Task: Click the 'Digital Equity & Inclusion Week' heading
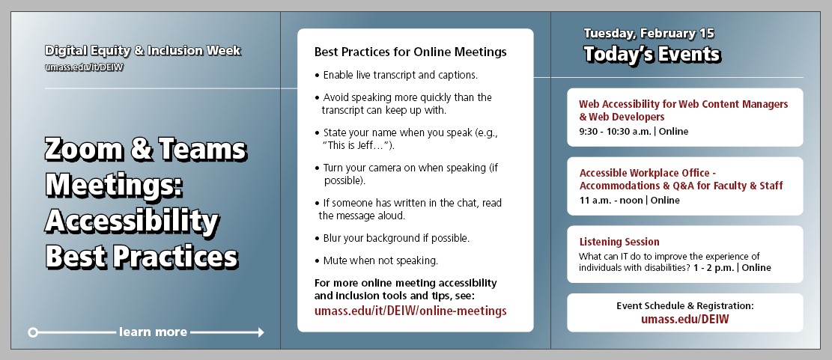point(142,51)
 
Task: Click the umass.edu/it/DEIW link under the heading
point(84,67)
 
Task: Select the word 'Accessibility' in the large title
point(132,221)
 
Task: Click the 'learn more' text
point(153,332)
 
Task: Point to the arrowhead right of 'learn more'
point(259,332)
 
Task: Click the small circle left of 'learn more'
point(33,332)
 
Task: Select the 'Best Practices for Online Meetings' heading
point(410,52)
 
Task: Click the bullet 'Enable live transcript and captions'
point(400,76)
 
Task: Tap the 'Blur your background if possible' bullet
point(396,238)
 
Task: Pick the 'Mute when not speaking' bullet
point(380,260)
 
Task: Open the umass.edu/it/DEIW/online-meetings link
point(410,311)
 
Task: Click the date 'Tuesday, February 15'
point(649,34)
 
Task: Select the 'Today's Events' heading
point(652,55)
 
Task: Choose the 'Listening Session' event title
point(619,242)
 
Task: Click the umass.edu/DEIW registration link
point(684,319)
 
